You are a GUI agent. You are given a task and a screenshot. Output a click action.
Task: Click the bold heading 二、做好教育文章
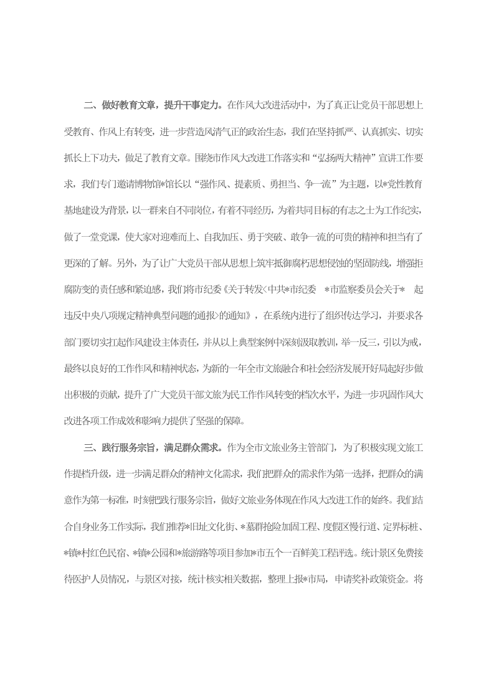(123, 104)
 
